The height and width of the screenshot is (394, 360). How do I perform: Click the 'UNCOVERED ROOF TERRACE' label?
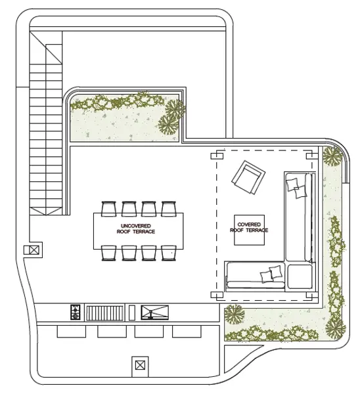(x=136, y=229)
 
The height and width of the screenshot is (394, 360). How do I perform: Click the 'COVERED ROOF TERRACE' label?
(x=249, y=227)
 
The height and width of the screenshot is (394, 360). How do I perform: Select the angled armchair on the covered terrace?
(x=248, y=177)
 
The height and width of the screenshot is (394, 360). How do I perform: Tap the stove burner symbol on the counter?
(x=75, y=312)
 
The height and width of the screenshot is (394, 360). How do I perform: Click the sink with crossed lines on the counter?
(x=154, y=313)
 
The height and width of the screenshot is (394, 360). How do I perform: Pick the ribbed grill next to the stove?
(x=105, y=313)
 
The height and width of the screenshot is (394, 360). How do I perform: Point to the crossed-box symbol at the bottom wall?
(x=140, y=365)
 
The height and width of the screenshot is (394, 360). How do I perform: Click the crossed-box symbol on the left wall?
(x=34, y=250)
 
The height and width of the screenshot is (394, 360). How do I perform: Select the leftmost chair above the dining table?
(x=108, y=209)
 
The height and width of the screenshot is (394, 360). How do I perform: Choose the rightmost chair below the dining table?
(x=169, y=253)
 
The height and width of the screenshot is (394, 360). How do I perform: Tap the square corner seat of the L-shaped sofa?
(x=300, y=276)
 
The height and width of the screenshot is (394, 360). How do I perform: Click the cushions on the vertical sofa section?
(x=297, y=188)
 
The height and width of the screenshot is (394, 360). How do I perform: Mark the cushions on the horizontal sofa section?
(x=271, y=274)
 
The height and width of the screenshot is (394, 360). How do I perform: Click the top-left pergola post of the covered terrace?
(x=217, y=156)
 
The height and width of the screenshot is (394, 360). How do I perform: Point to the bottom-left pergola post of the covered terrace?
(x=217, y=295)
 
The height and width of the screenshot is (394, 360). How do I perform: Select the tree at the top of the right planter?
(x=332, y=156)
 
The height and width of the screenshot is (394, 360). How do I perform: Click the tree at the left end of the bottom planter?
(x=235, y=315)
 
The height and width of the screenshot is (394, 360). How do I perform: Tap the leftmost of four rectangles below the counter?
(x=72, y=332)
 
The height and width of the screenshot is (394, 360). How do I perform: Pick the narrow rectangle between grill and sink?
(x=132, y=313)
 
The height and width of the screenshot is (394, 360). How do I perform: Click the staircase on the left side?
(x=46, y=123)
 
